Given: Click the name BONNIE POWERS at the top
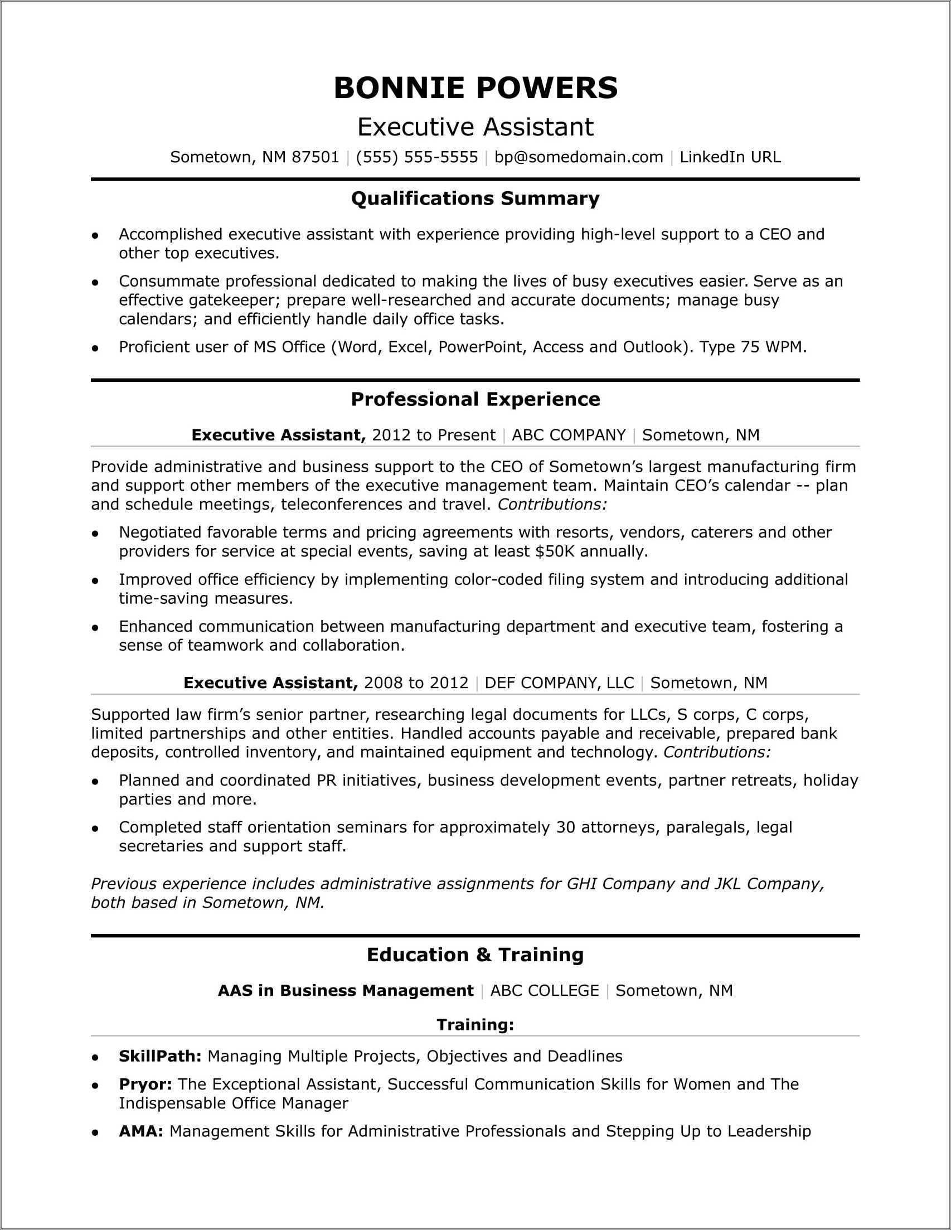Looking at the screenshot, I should click(476, 88).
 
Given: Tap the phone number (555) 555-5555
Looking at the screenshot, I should click(416, 157).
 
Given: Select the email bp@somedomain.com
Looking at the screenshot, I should click(579, 157).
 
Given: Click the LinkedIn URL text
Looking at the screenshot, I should click(730, 157).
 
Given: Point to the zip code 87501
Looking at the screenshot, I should click(316, 157).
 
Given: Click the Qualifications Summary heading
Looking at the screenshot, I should click(476, 198).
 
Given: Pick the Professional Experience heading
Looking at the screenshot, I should click(476, 399).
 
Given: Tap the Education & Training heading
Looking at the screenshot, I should click(476, 955).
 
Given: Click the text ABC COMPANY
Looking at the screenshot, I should click(569, 435).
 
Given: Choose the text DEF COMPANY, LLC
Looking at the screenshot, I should click(559, 682).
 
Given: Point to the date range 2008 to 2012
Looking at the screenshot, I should click(416, 682).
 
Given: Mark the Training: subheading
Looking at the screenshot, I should click(476, 1024).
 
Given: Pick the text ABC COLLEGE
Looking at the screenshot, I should click(545, 991).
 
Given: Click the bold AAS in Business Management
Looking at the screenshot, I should click(346, 991).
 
